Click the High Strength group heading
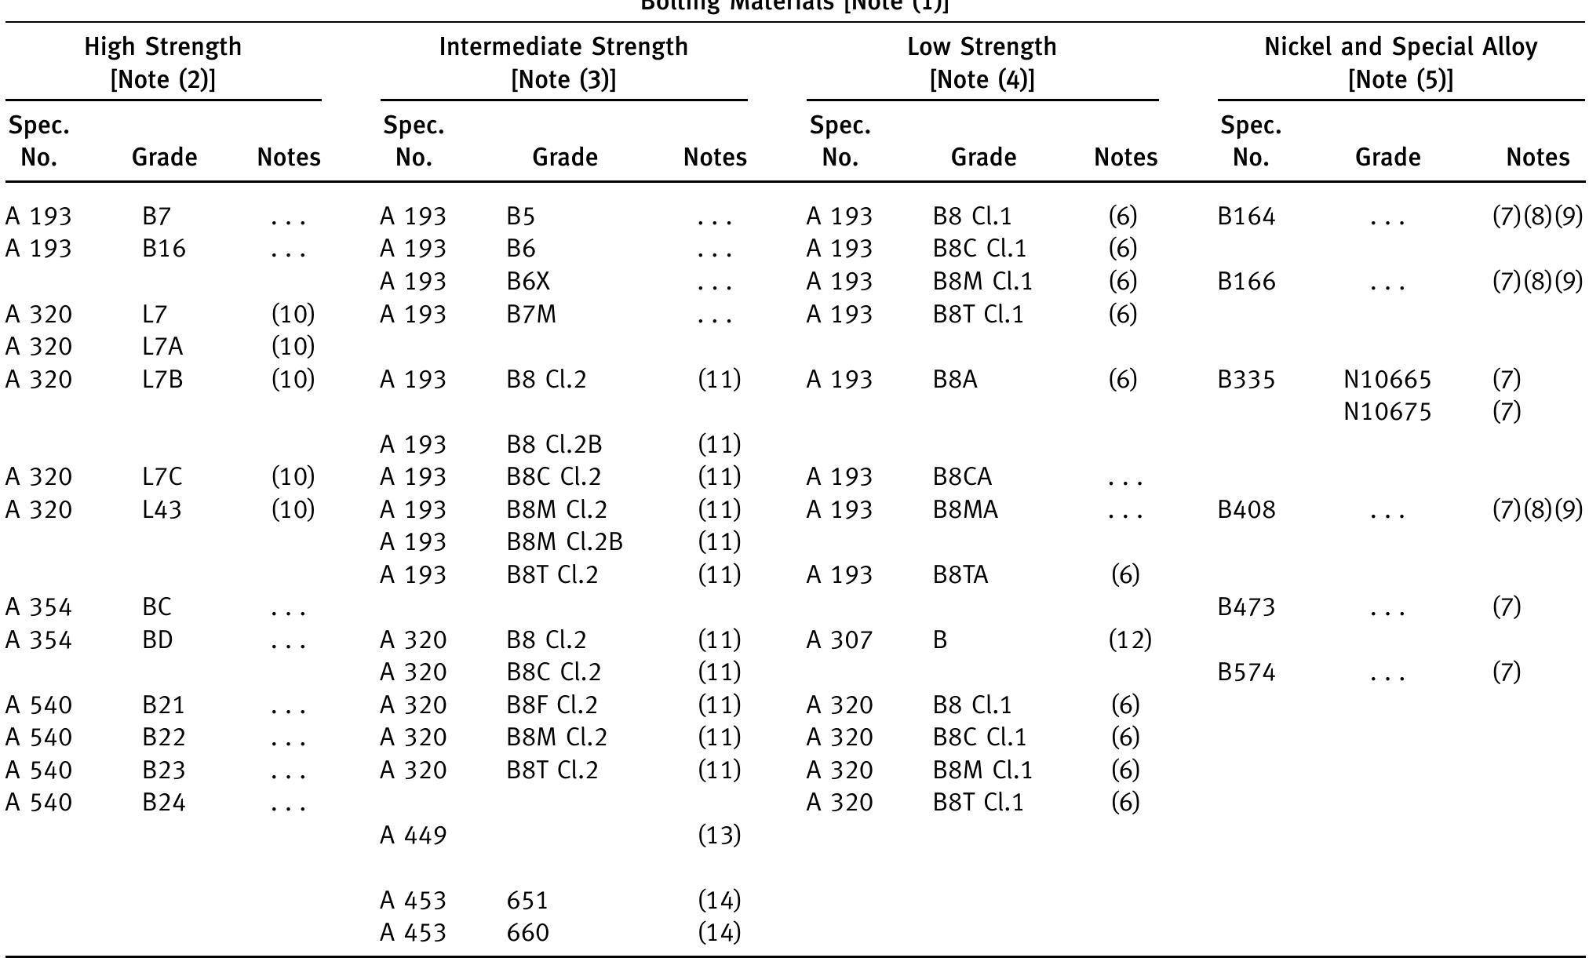(x=163, y=63)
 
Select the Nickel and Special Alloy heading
(x=1401, y=63)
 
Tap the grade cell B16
(x=164, y=249)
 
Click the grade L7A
(x=162, y=347)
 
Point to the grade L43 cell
(x=162, y=510)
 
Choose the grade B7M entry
(x=531, y=315)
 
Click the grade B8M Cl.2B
(x=564, y=542)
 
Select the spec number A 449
(x=414, y=836)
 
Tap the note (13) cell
(x=719, y=836)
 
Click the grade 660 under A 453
(x=528, y=933)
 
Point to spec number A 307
(x=840, y=640)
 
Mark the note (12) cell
(x=1129, y=640)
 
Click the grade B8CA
(x=962, y=477)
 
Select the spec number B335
(x=1246, y=380)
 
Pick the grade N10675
(x=1387, y=412)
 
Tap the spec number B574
(x=1246, y=672)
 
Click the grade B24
(x=164, y=803)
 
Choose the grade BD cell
(x=158, y=640)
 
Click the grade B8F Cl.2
(x=552, y=705)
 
